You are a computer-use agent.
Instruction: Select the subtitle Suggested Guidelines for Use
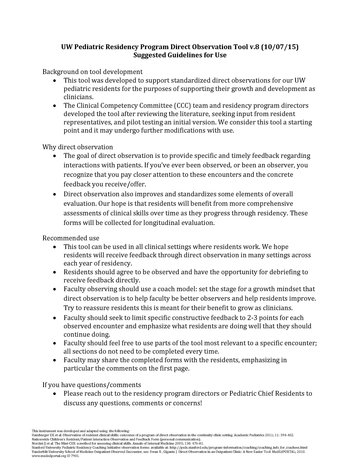[x=181, y=46]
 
